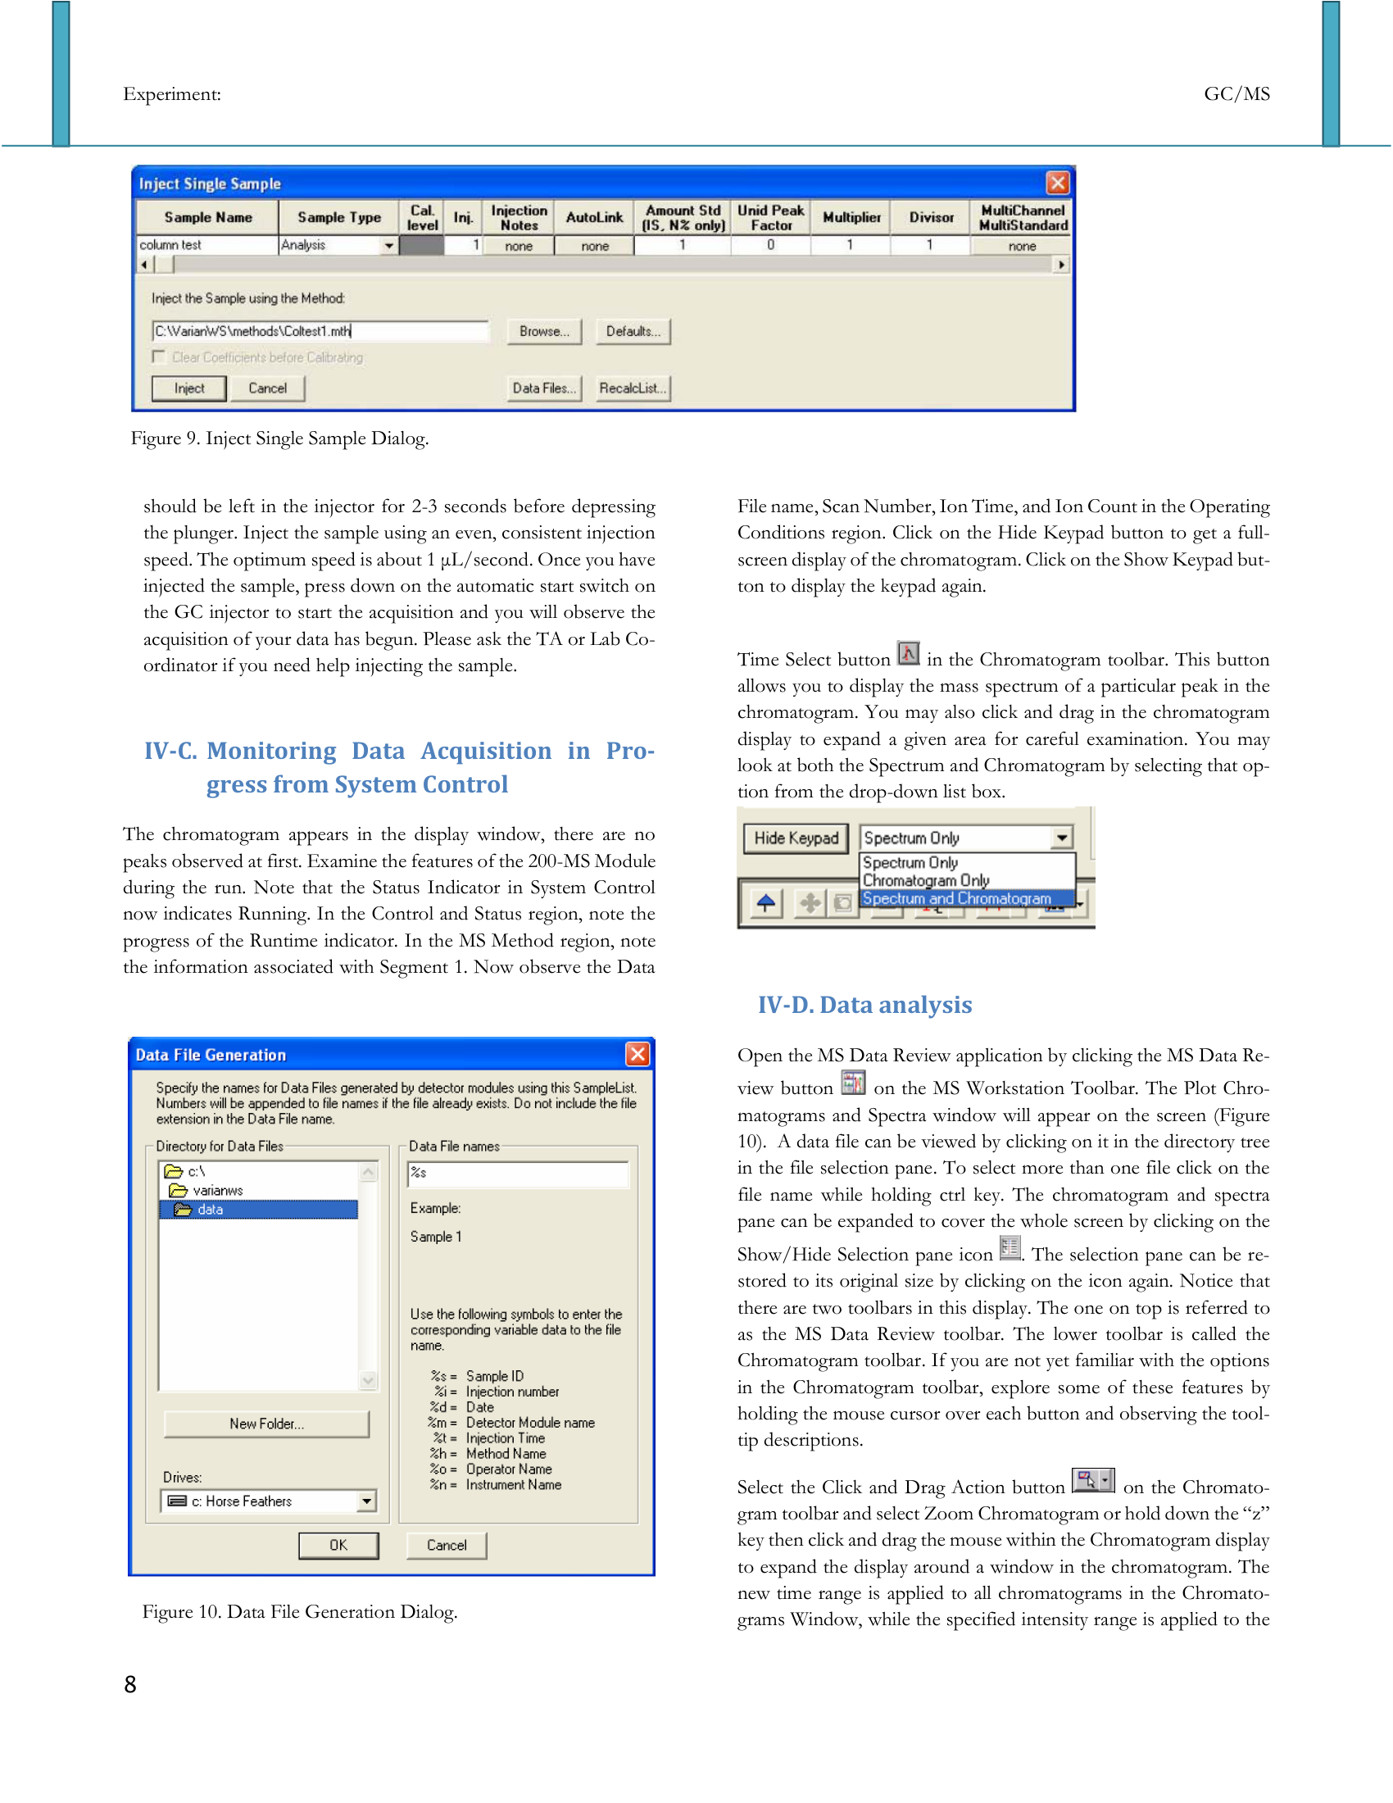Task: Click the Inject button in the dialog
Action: pyautogui.click(x=189, y=388)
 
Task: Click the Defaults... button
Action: pyautogui.click(x=633, y=331)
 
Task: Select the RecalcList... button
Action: pyautogui.click(x=633, y=388)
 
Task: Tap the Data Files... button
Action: pyautogui.click(x=544, y=388)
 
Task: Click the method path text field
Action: pyautogui.click(x=320, y=331)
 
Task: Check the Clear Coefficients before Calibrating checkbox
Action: pyautogui.click(x=159, y=357)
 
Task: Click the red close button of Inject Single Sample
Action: pyautogui.click(x=1057, y=183)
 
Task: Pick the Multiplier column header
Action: pyautogui.click(x=851, y=218)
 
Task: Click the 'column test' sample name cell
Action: pyautogui.click(x=206, y=245)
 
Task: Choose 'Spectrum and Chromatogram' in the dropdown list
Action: pyautogui.click(x=957, y=898)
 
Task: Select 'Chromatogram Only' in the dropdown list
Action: pyautogui.click(x=926, y=880)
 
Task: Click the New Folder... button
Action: pyautogui.click(x=266, y=1424)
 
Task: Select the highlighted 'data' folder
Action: pyautogui.click(x=210, y=1210)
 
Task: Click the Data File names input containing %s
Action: pyautogui.click(x=518, y=1173)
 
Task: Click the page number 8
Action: pyautogui.click(x=130, y=1684)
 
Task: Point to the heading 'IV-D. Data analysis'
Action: pyautogui.click(x=864, y=1005)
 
